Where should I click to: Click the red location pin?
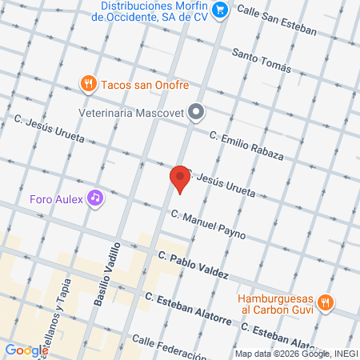coord(181,178)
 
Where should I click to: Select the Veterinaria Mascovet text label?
coord(133,113)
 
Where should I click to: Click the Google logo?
coord(26,350)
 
